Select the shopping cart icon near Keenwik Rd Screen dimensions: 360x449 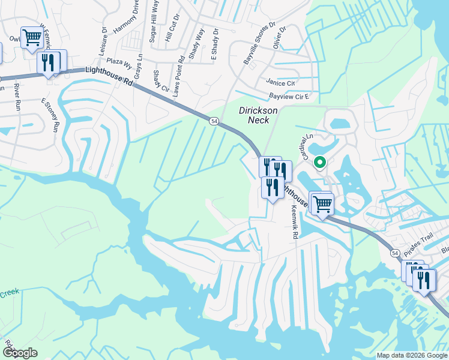point(322,203)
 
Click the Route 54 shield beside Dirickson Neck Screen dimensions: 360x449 point(214,121)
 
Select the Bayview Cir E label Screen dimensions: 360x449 point(289,96)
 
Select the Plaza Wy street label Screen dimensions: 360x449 point(118,61)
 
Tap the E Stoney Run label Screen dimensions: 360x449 point(51,115)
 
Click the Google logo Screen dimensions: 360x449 point(19,353)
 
